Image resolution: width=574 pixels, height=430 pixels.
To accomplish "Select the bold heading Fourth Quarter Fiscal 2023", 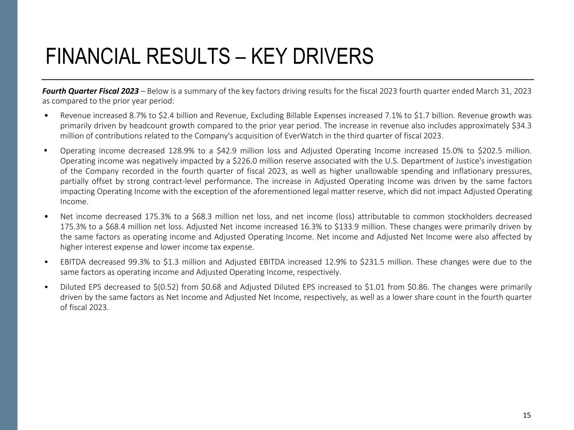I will pyautogui.click(x=90, y=91).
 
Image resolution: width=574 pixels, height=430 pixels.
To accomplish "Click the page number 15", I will pyautogui.click(x=526, y=415).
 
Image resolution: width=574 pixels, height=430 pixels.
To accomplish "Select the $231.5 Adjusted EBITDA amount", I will pyautogui.click(x=371, y=262).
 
